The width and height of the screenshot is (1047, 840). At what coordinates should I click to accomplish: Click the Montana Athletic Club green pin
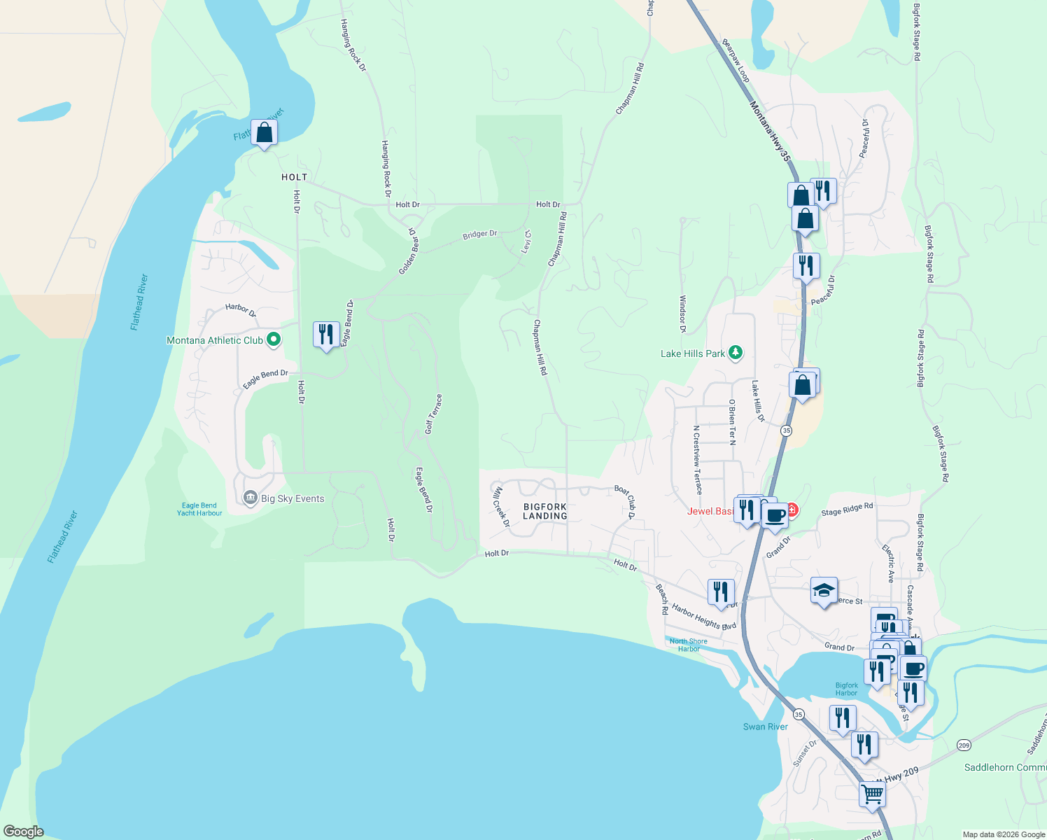[x=274, y=340]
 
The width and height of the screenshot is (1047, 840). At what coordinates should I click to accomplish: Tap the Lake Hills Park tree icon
[x=735, y=353]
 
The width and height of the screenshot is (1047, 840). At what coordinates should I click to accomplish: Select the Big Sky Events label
[x=293, y=498]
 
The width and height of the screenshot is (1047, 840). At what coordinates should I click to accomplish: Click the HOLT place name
[x=294, y=177]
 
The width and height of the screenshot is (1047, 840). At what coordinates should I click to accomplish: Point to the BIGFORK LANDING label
[x=544, y=511]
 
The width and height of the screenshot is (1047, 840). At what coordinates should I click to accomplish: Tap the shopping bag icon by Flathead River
[x=265, y=132]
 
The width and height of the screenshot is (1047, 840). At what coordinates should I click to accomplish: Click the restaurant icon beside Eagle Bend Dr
[x=325, y=335]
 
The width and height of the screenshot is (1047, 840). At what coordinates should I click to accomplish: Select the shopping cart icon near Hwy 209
[x=873, y=794]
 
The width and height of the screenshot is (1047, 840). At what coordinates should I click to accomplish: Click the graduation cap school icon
[x=824, y=591]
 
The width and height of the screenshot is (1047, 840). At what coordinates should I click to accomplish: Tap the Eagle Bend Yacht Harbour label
[x=199, y=509]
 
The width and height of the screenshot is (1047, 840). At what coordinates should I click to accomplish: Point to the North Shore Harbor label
[x=688, y=645]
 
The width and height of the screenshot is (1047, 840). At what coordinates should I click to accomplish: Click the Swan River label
[x=765, y=727]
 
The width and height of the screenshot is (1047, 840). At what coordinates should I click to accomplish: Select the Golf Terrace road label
[x=434, y=414]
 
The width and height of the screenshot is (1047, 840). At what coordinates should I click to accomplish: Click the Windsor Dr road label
[x=683, y=314]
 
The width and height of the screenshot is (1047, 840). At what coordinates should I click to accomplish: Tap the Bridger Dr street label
[x=479, y=234]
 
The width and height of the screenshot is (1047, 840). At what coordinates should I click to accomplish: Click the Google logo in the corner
[x=23, y=832]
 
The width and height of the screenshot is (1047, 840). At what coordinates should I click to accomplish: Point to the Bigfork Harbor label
[x=846, y=689]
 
